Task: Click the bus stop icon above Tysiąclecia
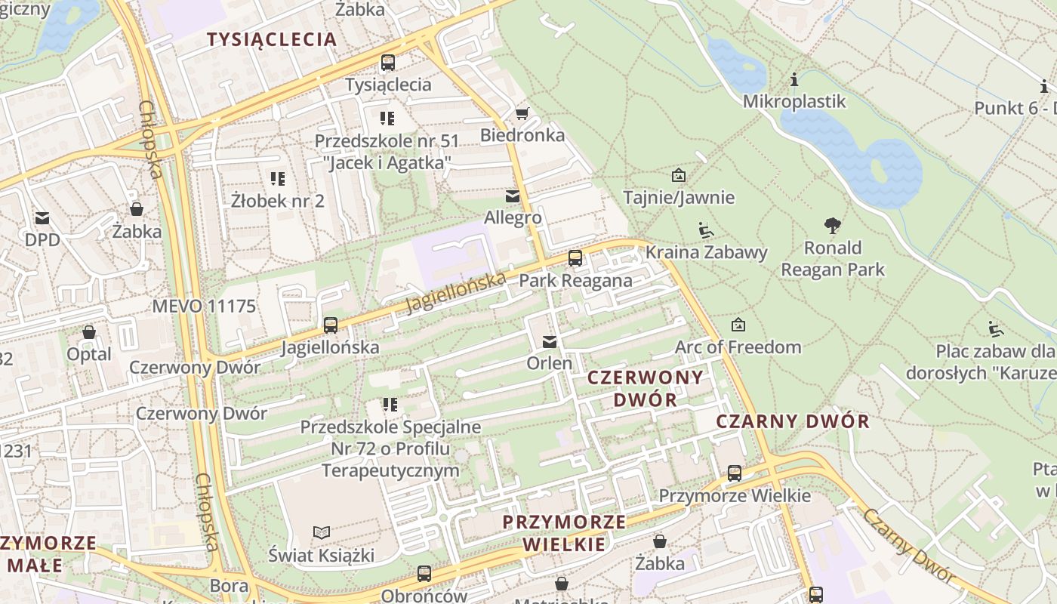388,63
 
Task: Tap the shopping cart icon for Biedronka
521,114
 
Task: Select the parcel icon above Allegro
513,196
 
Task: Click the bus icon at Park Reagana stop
575,258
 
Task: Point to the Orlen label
550,363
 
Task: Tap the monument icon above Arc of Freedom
738,325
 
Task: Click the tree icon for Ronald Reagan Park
833,225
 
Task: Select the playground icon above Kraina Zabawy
705,230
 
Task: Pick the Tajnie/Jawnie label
679,198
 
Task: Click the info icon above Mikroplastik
794,79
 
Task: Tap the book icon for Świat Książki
322,532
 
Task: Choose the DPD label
42,240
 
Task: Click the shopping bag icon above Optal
89,332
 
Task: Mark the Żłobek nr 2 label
278,201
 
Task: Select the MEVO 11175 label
204,307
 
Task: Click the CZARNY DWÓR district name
793,422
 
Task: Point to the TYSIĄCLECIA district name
272,40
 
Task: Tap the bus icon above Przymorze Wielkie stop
735,473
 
